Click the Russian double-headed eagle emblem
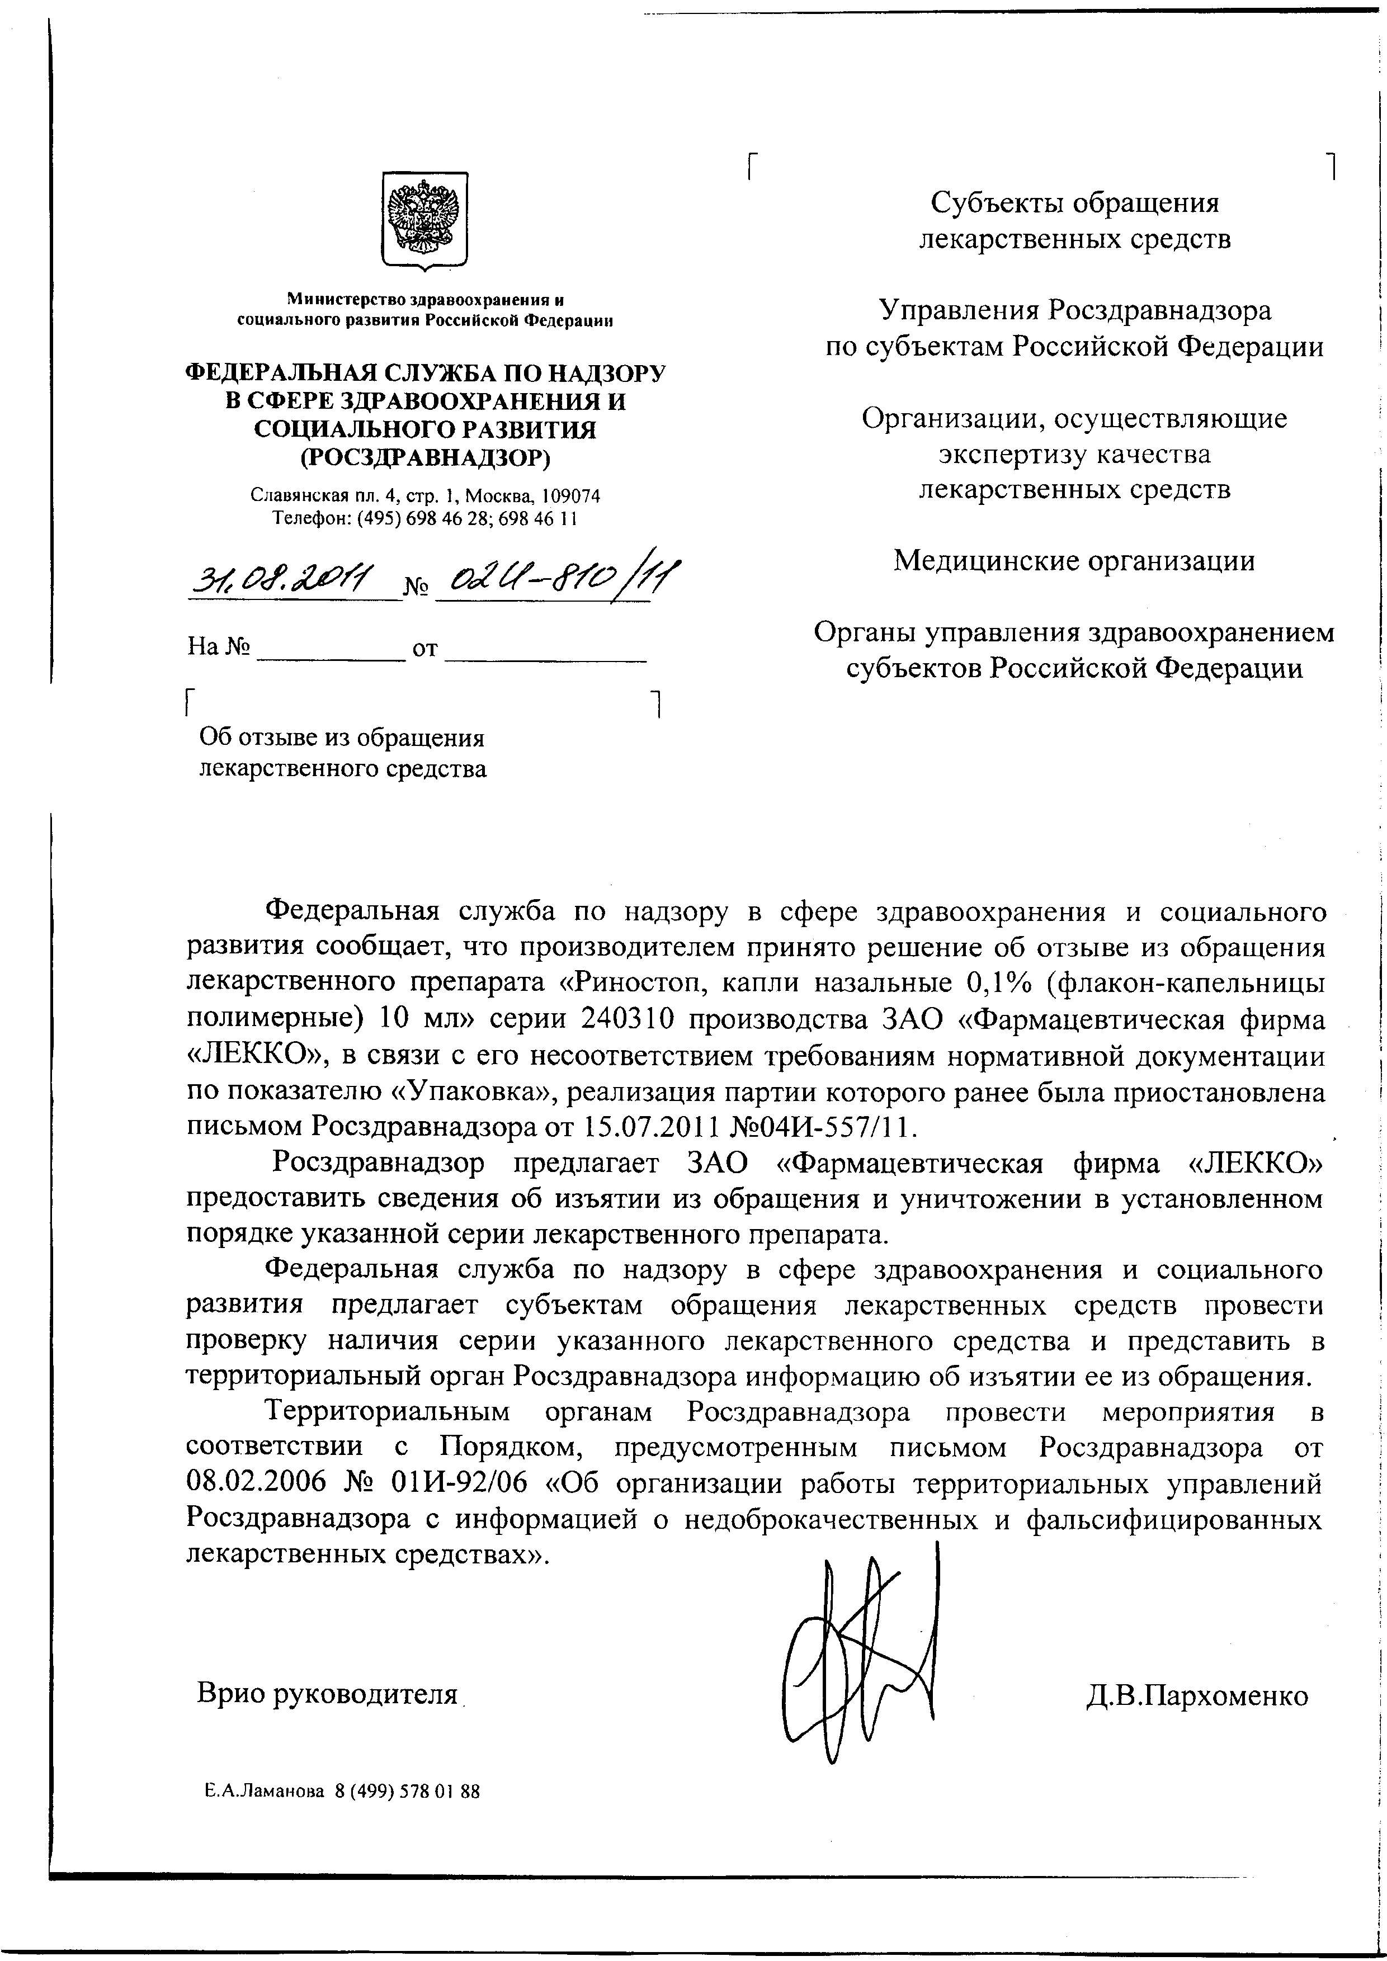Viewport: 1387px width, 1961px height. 423,220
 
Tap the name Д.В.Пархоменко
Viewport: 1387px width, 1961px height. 1196,1694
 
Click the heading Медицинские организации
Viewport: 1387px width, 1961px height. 1074,561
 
